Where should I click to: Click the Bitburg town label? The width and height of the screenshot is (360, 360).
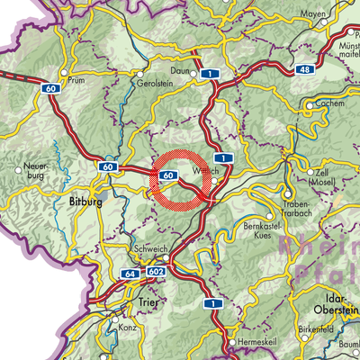coord(85,202)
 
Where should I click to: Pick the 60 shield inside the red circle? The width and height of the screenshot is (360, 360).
coord(170,174)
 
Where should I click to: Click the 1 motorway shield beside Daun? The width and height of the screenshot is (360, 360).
coord(209,73)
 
